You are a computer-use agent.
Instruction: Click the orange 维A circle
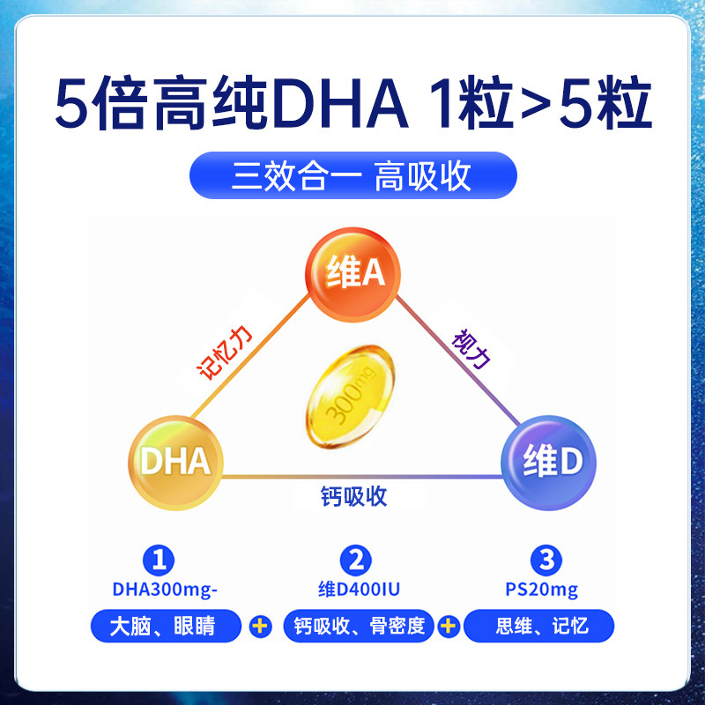352,271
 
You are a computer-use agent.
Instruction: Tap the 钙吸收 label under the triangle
353,496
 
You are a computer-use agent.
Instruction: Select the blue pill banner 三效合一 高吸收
353,174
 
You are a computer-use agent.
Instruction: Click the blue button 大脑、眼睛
165,627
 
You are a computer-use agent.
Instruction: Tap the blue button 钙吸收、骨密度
356,627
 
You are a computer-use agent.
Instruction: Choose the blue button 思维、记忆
539,627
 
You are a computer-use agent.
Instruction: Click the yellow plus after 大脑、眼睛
260,627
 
